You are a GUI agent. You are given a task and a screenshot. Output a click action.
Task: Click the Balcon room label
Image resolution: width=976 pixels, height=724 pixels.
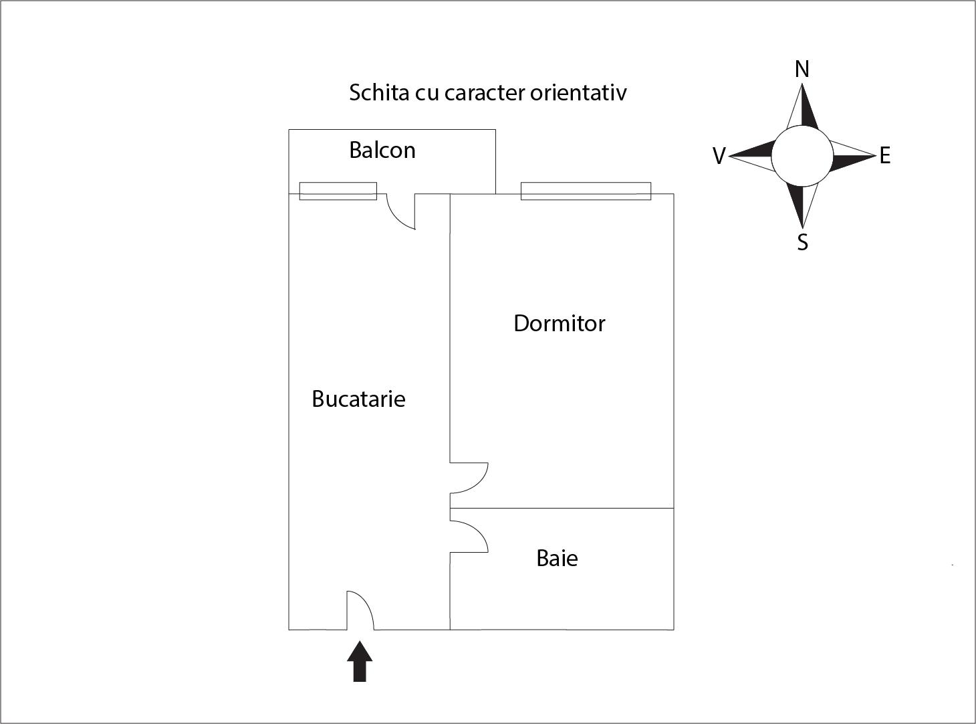pos(382,150)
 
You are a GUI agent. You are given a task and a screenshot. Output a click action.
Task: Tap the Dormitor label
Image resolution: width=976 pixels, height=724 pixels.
pos(559,323)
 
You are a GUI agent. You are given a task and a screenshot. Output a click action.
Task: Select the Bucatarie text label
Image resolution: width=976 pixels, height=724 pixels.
pos(358,399)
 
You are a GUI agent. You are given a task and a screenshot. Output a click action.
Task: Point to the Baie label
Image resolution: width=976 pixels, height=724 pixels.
pos(557,558)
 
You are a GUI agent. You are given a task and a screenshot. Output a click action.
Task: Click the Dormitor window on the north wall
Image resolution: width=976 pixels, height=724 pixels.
pos(586,191)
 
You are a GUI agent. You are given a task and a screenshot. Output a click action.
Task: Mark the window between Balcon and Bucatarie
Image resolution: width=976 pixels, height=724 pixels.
pos(338,191)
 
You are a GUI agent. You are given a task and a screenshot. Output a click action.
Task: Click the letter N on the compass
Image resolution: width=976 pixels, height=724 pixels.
pos(802,69)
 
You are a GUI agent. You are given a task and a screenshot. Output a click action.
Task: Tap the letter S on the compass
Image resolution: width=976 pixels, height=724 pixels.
pos(802,242)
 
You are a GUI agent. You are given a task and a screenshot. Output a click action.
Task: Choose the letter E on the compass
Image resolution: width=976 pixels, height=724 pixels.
pos(884,156)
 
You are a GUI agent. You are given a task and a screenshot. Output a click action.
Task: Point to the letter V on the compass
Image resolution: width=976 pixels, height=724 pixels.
pos(719,156)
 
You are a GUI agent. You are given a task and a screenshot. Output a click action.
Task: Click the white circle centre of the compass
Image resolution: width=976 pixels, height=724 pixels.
pos(802,157)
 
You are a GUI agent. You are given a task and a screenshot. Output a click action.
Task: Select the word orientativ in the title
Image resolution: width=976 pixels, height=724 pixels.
pos(578,92)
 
